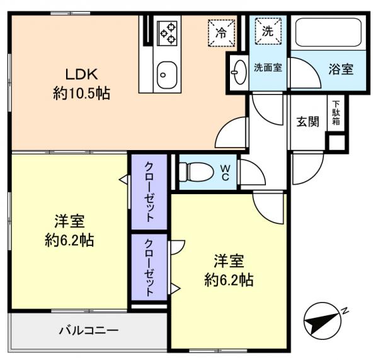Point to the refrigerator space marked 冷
(x=221, y=32)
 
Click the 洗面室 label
(x=268, y=67)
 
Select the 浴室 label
(x=340, y=69)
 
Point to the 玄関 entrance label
(x=307, y=122)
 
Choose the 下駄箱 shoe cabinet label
(x=336, y=113)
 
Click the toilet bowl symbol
(x=189, y=171)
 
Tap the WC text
(x=224, y=172)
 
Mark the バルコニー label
(x=89, y=330)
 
